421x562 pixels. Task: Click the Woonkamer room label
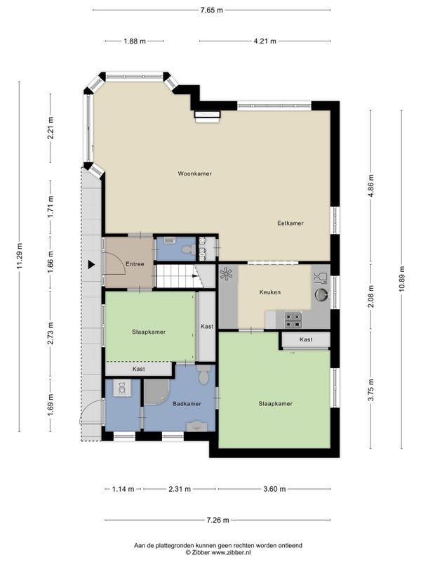point(195,174)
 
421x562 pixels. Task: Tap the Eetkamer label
point(290,223)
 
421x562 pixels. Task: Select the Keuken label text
point(270,292)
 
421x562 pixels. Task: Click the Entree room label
point(135,264)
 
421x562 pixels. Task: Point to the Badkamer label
point(187,403)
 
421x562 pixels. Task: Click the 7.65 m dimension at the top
point(212,10)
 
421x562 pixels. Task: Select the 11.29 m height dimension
point(20,256)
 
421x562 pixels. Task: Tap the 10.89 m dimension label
point(401,279)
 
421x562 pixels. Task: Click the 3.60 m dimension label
point(274,489)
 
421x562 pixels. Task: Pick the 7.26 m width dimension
point(218,520)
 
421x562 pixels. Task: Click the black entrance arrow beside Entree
point(91,265)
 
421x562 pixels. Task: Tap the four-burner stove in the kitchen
point(293,320)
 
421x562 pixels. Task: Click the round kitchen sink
point(321,294)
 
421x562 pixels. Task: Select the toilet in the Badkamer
point(203,374)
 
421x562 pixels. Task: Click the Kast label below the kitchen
point(306,339)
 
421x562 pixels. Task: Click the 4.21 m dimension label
point(265,41)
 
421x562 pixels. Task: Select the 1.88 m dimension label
point(135,41)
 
